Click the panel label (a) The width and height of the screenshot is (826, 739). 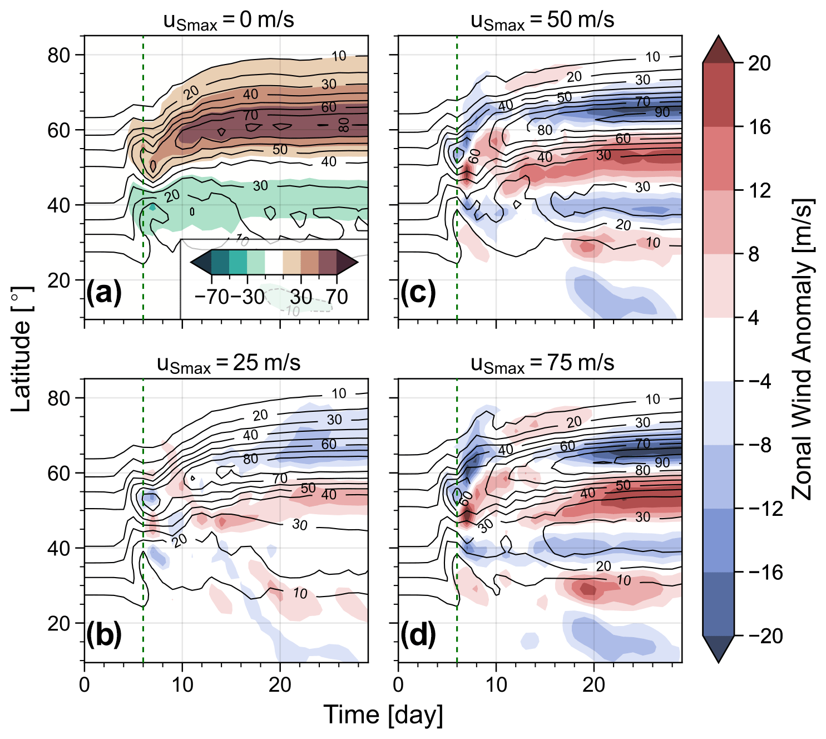(104, 293)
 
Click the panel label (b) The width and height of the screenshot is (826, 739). (104, 635)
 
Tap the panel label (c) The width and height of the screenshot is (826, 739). (418, 293)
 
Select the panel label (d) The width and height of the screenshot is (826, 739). (418, 635)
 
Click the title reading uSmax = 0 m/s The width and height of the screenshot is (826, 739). (229, 21)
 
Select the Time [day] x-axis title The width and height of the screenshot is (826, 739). (383, 716)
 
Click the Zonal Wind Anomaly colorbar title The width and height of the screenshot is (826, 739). (802, 349)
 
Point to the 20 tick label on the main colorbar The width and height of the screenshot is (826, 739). (759, 63)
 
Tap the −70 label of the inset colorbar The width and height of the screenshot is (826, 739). (212, 297)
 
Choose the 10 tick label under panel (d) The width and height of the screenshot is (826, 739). (496, 684)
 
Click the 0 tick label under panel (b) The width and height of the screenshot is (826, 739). (85, 684)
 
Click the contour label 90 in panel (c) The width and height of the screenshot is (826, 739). (662, 112)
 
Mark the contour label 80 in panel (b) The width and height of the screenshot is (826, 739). (250, 459)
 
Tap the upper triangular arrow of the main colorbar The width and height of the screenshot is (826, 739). (718, 49)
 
